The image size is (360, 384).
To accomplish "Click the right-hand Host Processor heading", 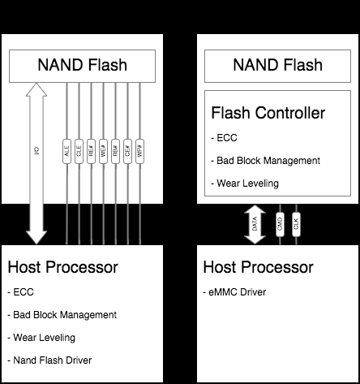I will (x=258, y=267).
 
